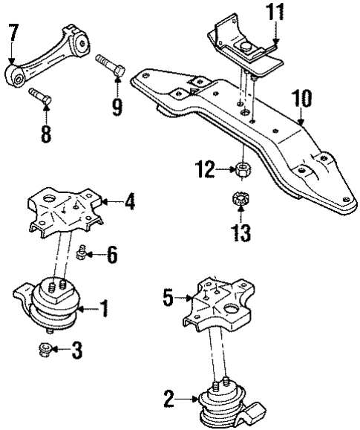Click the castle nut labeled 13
point(240,200)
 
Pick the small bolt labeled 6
point(82,255)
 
